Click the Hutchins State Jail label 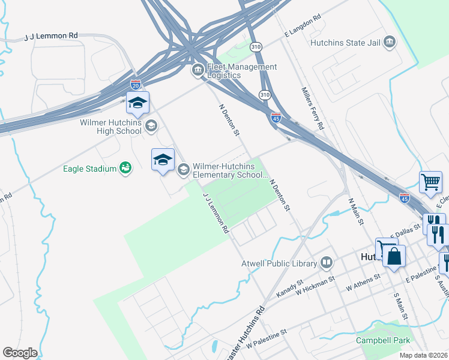(x=345, y=43)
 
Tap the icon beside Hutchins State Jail (x=390, y=41)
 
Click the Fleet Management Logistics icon (x=197, y=71)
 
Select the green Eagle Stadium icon (x=125, y=168)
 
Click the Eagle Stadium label (x=90, y=169)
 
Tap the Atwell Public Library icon (x=327, y=262)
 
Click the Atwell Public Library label (x=288, y=263)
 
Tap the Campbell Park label (x=383, y=341)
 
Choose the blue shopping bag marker (x=394, y=255)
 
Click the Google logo (x=20, y=353)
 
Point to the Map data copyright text (x=423, y=355)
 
